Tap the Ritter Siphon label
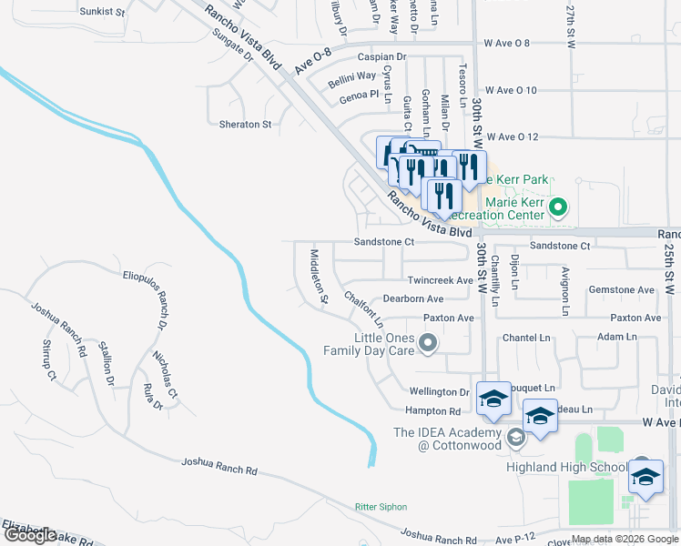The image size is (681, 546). [381, 507]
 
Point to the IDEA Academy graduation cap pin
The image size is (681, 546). [516, 439]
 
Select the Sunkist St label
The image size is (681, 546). [101, 12]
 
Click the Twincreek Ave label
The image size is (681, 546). [441, 281]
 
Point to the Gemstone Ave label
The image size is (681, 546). [622, 290]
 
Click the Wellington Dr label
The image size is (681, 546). [438, 393]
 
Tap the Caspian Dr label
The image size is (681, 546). [381, 56]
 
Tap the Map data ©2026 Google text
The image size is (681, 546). [624, 539]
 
